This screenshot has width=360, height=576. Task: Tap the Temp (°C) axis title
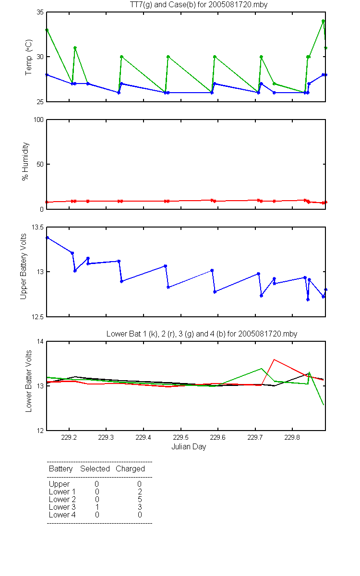tap(28, 57)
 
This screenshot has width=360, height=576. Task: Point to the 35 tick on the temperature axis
tap(40, 12)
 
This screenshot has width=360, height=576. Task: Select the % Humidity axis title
tap(25, 161)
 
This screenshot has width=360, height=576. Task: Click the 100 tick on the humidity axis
tap(38, 120)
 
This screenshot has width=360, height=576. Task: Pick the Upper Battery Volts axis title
tap(24, 266)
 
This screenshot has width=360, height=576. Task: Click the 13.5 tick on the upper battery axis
tap(37, 228)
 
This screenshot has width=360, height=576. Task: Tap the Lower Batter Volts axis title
tap(28, 381)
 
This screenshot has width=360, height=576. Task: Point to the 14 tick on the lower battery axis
tap(40, 341)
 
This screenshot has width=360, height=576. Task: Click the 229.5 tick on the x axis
tap(180, 437)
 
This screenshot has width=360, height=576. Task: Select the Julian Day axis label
tap(189, 447)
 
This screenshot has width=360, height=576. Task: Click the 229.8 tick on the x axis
tap(292, 437)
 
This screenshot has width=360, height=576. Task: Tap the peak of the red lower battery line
tap(274, 360)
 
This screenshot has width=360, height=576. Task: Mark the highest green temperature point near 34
tap(323, 21)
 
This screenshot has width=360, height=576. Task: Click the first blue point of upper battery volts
tap(48, 238)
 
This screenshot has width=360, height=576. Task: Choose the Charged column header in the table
tap(130, 469)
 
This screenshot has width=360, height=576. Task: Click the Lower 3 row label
tap(62, 507)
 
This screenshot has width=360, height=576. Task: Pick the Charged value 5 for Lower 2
tap(140, 499)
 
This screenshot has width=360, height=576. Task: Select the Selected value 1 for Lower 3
tap(97, 507)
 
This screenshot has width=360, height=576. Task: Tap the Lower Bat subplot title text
tap(202, 334)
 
